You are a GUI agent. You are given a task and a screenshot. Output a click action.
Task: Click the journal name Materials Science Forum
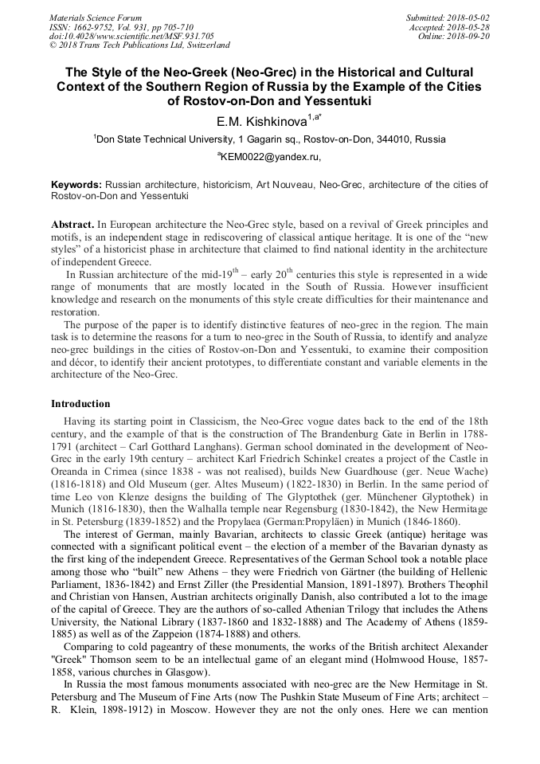[x=96, y=18]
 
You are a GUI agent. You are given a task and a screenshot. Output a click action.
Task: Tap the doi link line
[x=131, y=36]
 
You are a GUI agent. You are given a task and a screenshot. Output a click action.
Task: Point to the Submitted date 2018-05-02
[x=448, y=18]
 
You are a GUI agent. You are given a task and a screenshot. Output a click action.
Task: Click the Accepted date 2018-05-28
[x=451, y=27]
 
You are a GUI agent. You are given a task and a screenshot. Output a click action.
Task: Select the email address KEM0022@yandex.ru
[x=270, y=158]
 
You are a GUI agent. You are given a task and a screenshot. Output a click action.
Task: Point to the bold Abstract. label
[x=73, y=225]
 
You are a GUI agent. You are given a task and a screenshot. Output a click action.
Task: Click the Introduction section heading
[x=80, y=404]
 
